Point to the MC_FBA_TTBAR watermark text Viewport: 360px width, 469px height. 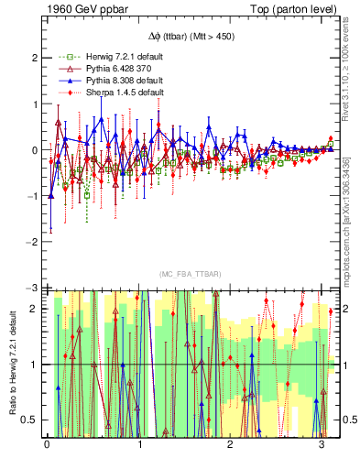[x=188, y=275]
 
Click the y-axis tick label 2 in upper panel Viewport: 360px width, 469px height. [x=35, y=57]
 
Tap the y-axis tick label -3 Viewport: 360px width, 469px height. [x=33, y=289]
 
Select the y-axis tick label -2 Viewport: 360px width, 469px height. [x=33, y=242]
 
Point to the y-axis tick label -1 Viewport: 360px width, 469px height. [x=33, y=196]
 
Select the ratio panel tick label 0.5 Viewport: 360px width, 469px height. [x=31, y=420]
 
